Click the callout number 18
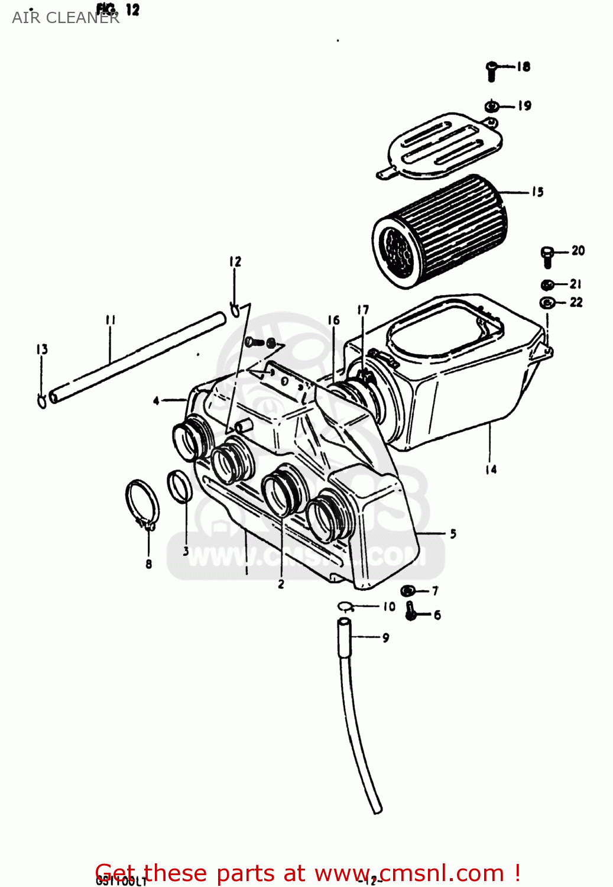[524, 67]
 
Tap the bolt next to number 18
[492, 70]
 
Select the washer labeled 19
[491, 106]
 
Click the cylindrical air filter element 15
[440, 232]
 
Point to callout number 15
[537, 192]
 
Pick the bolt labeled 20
[547, 257]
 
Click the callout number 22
[576, 303]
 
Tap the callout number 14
[491, 470]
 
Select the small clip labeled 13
[42, 402]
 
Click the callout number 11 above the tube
[111, 320]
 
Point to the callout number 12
[235, 261]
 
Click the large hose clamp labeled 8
[142, 506]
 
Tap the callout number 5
[453, 533]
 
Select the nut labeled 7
[407, 591]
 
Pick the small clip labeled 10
[345, 606]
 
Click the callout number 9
[385, 637]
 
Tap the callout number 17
[363, 310]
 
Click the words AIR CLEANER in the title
[65, 18]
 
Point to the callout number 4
[156, 401]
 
